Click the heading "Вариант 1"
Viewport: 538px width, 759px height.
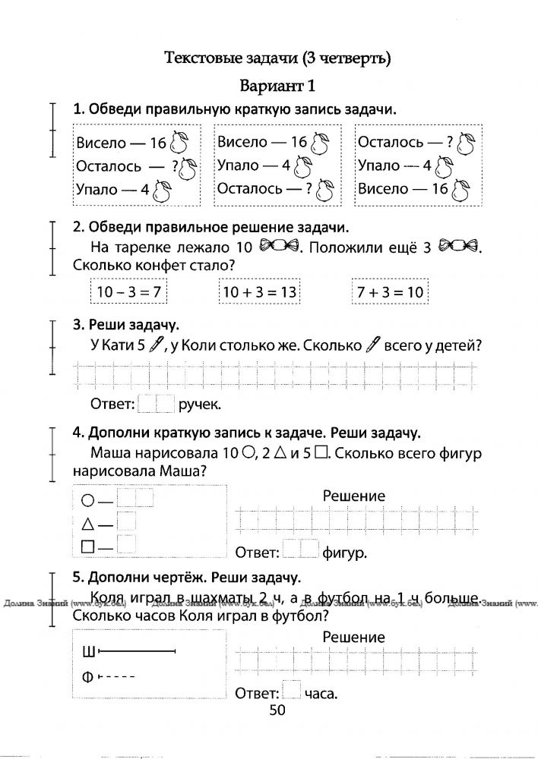tap(277, 85)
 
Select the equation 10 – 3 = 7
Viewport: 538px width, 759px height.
tap(128, 292)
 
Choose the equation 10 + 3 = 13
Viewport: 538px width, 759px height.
tap(259, 292)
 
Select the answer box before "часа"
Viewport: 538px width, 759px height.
tap(291, 691)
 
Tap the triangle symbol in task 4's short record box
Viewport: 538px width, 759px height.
tap(87, 523)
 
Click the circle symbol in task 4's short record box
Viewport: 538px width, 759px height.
tap(87, 501)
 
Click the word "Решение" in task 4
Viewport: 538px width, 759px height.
tap(353, 496)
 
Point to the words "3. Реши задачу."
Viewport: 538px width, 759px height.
tap(125, 325)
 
